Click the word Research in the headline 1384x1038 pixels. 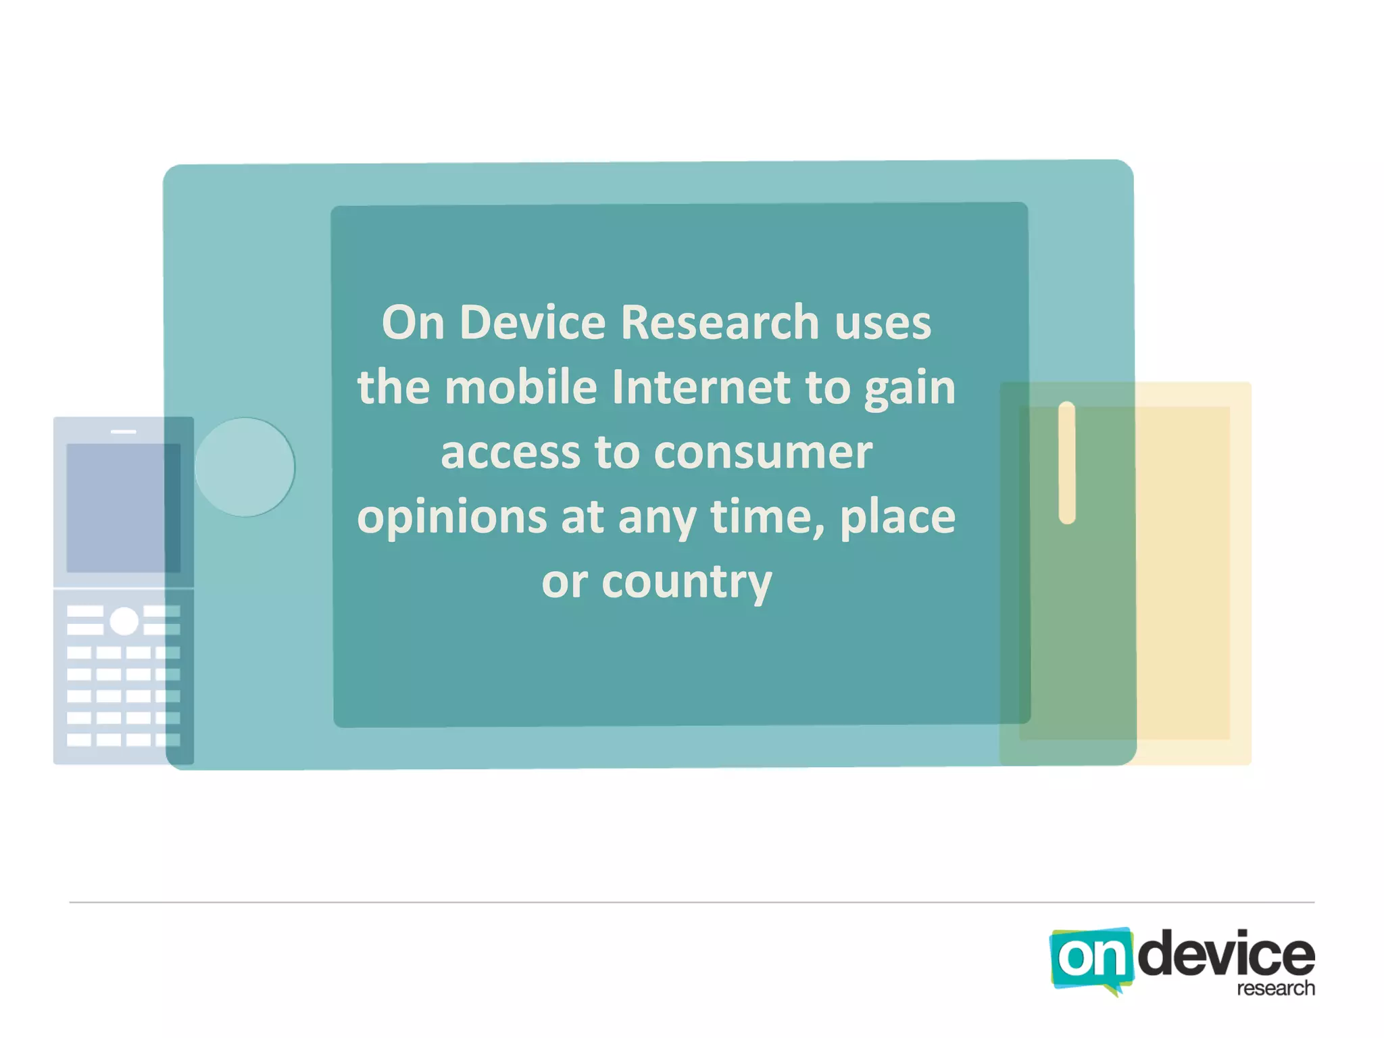pyautogui.click(x=719, y=322)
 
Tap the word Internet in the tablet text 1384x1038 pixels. pyautogui.click(x=701, y=387)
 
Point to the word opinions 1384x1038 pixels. pyautogui.click(x=451, y=518)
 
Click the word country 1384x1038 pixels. pyautogui.click(x=687, y=582)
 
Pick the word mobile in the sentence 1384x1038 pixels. pyautogui.click(x=520, y=387)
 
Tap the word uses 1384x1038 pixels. pyautogui.click(x=883, y=322)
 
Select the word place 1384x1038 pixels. pyautogui.click(x=897, y=518)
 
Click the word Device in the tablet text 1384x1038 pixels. pyautogui.click(x=533, y=322)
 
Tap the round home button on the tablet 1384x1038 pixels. pyautogui.click(x=245, y=467)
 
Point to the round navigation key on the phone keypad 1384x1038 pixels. pyautogui.click(x=124, y=621)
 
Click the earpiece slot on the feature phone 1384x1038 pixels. pyautogui.click(x=124, y=431)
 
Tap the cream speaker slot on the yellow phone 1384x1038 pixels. pyautogui.click(x=1066, y=463)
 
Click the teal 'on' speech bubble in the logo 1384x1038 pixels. pyautogui.click(x=1089, y=958)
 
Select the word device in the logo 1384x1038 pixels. pyautogui.click(x=1226, y=954)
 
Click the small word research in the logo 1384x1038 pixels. pyautogui.click(x=1275, y=989)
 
